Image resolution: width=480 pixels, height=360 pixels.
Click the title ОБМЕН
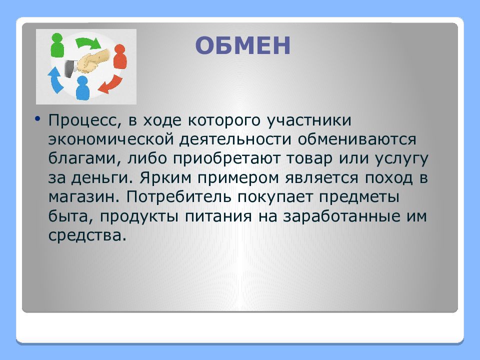242,45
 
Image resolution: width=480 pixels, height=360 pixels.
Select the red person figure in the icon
120,56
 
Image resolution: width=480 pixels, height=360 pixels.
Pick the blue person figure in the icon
82,88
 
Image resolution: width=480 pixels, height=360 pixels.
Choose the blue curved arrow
55,80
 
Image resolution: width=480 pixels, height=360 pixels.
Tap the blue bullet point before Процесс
37,118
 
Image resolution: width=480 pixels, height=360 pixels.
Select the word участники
309,120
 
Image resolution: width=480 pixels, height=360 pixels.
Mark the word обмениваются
357,139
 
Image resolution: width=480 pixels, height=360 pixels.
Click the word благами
85,158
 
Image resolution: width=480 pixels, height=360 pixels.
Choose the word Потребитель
179,196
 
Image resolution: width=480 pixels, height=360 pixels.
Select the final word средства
87,235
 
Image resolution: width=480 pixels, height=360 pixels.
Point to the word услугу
401,159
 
